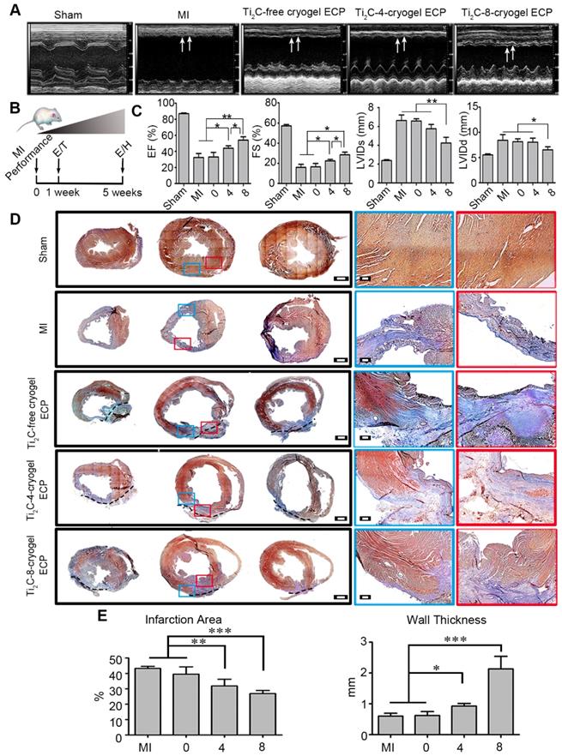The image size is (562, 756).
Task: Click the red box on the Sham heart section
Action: pos(213,261)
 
